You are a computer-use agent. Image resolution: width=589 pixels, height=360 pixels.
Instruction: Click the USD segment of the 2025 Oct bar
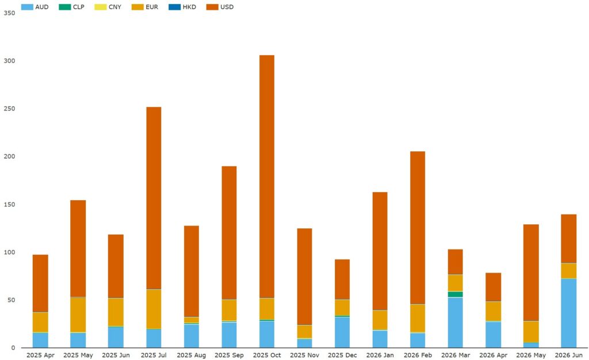[267, 177]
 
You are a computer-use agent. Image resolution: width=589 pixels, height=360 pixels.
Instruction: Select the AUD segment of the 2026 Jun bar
[569, 313]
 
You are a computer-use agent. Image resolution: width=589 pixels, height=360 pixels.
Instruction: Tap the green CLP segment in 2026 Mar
[456, 294]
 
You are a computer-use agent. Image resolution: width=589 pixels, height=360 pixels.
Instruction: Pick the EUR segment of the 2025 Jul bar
[154, 309]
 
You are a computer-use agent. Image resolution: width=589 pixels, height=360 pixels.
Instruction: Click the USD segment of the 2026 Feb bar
[418, 228]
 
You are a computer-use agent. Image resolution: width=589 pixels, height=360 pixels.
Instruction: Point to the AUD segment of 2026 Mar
[456, 323]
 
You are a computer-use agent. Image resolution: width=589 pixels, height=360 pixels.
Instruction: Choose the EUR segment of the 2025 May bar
[78, 315]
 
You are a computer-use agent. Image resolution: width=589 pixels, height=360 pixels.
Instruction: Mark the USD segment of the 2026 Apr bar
[493, 287]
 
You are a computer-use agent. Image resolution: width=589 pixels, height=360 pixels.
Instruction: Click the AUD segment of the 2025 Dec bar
[342, 332]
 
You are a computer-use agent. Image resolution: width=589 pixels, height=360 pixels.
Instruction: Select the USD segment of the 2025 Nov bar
[305, 277]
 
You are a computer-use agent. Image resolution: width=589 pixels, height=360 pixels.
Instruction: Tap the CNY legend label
[115, 7]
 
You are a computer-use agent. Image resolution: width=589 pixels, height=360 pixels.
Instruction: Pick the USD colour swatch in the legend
[212, 7]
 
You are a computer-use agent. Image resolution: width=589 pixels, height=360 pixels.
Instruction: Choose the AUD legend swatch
[27, 7]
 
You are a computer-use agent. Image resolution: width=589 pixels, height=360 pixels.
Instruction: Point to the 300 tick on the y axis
[10, 61]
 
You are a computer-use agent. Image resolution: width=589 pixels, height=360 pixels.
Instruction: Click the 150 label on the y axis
[10, 205]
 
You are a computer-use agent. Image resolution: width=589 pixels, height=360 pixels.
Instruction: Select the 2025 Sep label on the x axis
[229, 355]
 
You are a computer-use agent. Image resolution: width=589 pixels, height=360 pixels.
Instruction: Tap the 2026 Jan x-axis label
[380, 355]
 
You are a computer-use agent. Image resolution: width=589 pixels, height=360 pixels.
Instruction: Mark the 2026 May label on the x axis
[531, 355]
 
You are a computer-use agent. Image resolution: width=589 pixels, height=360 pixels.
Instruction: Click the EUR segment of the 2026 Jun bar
[569, 271]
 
